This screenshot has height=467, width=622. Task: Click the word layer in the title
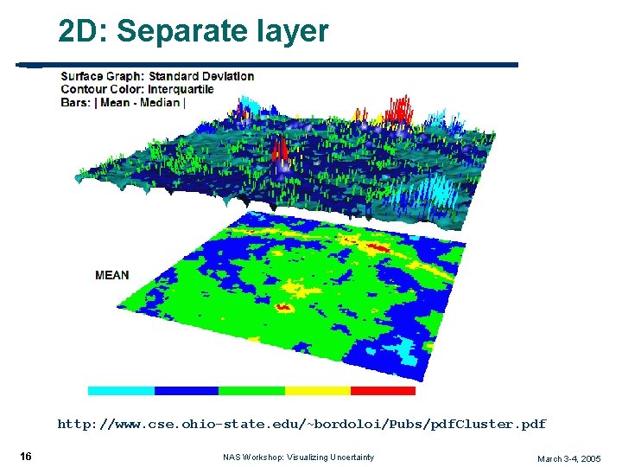(x=296, y=32)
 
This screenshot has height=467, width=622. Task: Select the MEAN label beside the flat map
(x=112, y=275)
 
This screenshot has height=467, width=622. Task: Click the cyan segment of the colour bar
(x=121, y=391)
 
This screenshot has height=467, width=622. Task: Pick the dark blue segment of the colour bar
(x=187, y=391)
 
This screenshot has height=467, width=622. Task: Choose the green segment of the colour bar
(x=251, y=391)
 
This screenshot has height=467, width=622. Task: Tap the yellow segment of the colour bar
(x=317, y=391)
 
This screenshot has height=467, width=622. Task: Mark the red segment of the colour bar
(x=383, y=391)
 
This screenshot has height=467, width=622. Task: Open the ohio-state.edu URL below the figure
(x=301, y=425)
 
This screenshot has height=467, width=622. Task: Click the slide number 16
(x=26, y=457)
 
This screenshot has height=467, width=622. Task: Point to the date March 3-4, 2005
(x=568, y=458)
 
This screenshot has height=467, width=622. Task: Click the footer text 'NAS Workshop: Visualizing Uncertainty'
(x=298, y=457)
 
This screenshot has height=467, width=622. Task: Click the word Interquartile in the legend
(x=181, y=89)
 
